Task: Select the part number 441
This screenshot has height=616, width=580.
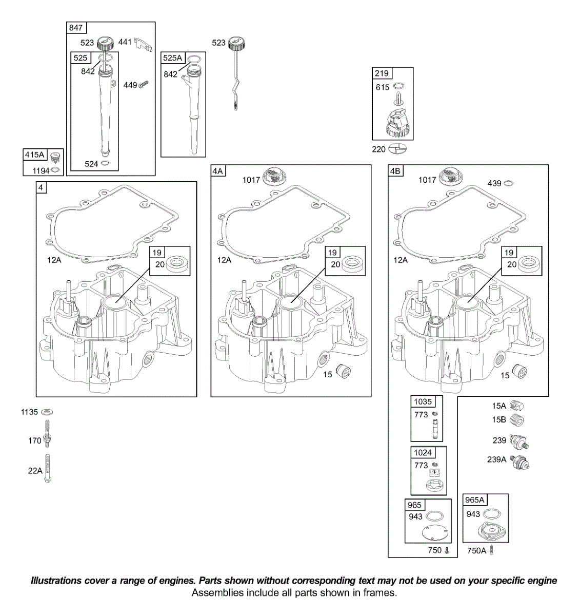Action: tap(125, 42)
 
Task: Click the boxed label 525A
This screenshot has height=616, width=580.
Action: tap(173, 58)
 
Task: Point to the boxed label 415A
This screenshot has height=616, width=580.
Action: tap(35, 155)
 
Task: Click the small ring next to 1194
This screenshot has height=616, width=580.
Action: tap(55, 170)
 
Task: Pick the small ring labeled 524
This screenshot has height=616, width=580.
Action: tap(105, 164)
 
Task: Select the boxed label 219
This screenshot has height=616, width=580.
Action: tap(382, 73)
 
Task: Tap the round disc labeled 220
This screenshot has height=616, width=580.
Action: tap(397, 149)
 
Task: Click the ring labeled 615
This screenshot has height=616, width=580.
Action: tap(398, 86)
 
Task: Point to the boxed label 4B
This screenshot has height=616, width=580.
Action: tap(395, 171)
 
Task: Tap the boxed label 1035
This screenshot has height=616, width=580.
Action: tap(423, 401)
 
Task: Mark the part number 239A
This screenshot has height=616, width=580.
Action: tap(496, 459)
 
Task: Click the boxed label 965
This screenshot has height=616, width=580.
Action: tap(414, 505)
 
